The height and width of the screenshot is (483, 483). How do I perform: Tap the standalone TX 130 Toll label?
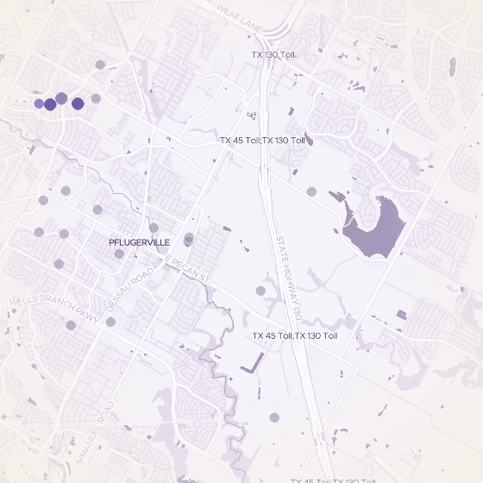pos(274,54)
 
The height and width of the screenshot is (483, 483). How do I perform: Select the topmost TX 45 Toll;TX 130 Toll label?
pos(263,140)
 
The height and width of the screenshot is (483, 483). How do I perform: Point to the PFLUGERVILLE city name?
pos(140,242)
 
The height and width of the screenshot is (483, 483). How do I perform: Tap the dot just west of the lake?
pos(311,191)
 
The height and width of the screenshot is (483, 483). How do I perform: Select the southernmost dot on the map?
pos(274,417)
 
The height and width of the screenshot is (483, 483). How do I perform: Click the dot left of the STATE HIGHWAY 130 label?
pos(260,291)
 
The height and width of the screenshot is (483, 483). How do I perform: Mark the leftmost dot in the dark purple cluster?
pos(39,103)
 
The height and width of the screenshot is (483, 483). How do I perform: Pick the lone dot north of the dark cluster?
pos(100,64)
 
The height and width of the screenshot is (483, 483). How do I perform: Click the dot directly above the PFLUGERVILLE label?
pos(154,228)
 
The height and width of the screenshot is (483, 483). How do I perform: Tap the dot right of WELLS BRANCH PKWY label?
pos(110,322)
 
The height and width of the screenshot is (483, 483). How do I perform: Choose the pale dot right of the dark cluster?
pos(96,99)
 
